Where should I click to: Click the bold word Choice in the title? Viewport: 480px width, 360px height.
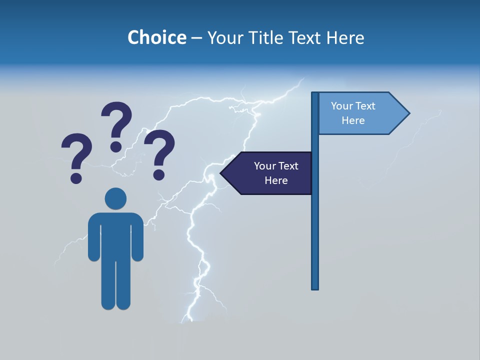coord(156,37)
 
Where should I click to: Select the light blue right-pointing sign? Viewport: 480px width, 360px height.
coord(360,113)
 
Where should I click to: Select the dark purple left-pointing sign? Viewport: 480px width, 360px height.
coord(270,173)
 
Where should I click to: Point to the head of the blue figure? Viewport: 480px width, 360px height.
coord(115,198)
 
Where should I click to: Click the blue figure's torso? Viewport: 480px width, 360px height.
coord(115,235)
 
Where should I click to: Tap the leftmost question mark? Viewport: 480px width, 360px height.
coord(76,155)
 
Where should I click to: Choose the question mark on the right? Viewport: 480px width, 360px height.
coord(159,152)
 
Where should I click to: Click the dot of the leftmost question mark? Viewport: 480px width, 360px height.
coord(76,177)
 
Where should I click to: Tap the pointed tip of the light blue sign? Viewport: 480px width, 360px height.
coord(408,113)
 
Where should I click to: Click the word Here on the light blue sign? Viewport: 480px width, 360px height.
coord(353,120)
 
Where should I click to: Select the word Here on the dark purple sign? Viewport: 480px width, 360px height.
coord(276,180)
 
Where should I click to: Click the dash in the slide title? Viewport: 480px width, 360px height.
coord(196,38)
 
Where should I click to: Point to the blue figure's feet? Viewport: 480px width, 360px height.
coord(115,304)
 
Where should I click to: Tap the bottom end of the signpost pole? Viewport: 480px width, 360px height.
coord(315,287)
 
